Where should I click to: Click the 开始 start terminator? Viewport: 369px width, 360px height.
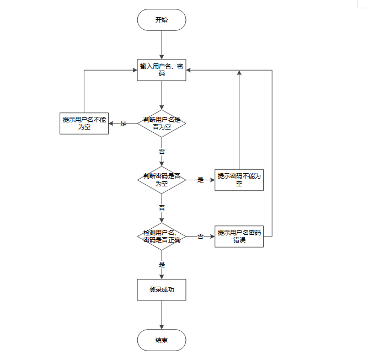click(x=162, y=20)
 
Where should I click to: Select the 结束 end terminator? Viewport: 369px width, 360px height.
click(x=162, y=340)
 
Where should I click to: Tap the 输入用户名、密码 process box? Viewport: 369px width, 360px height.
click(x=162, y=70)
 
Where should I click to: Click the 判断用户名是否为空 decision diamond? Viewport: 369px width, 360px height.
click(x=162, y=123)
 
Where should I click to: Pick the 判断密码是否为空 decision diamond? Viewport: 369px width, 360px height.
click(x=162, y=180)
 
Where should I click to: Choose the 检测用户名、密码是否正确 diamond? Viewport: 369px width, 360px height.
click(x=162, y=237)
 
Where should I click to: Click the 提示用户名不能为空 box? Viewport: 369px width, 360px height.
click(x=84, y=123)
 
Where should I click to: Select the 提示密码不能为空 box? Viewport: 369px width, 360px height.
click(x=239, y=180)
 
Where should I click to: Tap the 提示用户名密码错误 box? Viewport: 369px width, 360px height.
click(x=239, y=237)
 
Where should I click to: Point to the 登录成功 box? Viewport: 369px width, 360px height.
click(x=162, y=289)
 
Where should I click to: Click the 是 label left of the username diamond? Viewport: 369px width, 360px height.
click(x=124, y=123)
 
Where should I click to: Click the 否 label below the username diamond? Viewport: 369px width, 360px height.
click(x=162, y=151)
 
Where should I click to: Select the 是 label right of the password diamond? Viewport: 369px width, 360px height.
click(x=200, y=180)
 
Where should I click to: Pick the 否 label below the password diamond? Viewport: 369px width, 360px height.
click(x=162, y=208)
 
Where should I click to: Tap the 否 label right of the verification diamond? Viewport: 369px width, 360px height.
click(x=200, y=237)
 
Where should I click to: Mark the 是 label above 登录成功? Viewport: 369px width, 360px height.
click(x=162, y=265)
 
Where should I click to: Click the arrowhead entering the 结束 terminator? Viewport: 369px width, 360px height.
click(x=162, y=327)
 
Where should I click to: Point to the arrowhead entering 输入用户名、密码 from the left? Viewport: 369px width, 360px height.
click(x=135, y=70)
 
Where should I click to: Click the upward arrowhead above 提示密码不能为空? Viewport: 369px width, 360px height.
click(x=239, y=72)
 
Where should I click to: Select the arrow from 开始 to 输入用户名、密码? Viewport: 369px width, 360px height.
click(x=162, y=45)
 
